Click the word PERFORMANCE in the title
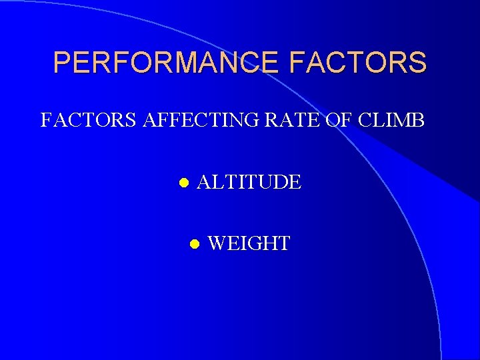click(x=168, y=63)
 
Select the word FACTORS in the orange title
click(x=359, y=63)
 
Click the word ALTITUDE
click(x=249, y=181)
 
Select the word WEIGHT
click(x=249, y=243)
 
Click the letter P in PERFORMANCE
click(x=62, y=63)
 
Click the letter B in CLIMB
click(x=417, y=121)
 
